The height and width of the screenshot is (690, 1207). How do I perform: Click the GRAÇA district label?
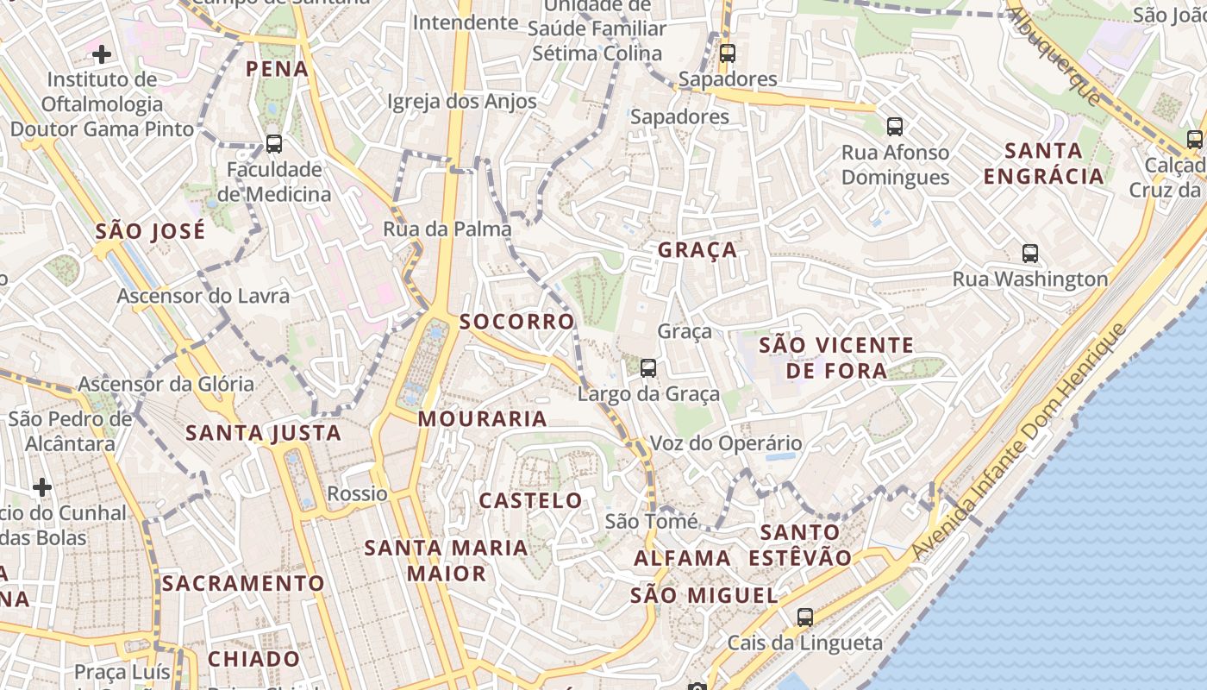coord(697,250)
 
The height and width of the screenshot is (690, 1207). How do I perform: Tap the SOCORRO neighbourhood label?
coord(516,322)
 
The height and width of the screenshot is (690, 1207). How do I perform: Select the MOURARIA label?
coord(483,419)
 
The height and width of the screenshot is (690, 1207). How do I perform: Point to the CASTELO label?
coord(530,500)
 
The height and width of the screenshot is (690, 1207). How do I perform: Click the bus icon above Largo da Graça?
coord(648,368)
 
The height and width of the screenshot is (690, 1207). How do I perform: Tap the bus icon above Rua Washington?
coord(1030,254)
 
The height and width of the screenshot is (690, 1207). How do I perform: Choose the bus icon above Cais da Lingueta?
coord(805,618)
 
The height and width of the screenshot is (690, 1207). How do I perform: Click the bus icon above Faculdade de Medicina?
coord(274,144)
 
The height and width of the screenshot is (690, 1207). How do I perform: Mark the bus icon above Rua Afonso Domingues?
coord(895,127)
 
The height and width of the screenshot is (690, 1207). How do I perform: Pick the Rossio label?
coord(358,494)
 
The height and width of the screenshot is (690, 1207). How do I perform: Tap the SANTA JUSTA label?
coord(264,433)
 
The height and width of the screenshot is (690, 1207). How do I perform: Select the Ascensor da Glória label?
coord(166,384)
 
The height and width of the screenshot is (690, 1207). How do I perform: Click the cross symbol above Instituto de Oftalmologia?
coord(102,55)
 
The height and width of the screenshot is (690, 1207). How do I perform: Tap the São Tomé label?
coord(652,521)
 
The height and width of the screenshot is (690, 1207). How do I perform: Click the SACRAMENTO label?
coord(244,583)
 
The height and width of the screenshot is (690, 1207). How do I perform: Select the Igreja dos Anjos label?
coord(462,102)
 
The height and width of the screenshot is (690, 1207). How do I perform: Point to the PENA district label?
coord(278,69)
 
